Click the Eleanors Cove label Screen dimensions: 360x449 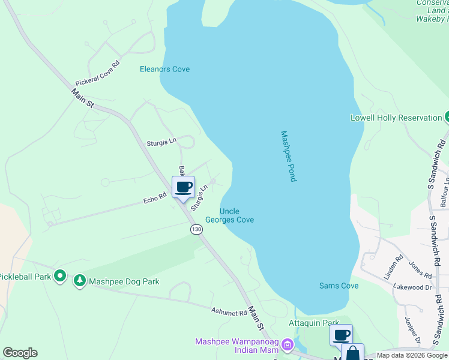click(164, 69)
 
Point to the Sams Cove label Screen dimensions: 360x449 click(339, 286)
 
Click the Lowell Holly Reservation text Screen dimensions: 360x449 click(396, 118)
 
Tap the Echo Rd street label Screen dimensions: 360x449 click(154, 198)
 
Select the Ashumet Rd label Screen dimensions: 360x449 click(229, 312)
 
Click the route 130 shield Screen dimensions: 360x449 click(196, 230)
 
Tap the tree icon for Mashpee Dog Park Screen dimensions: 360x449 click(79, 281)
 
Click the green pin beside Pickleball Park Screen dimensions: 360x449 click(59, 276)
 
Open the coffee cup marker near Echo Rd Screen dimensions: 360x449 click(184, 187)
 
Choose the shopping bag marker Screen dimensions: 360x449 click(352, 353)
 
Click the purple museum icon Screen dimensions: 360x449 click(287, 345)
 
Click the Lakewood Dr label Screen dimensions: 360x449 click(412, 287)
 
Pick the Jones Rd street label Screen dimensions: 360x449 click(420, 269)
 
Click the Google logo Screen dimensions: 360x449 click(20, 353)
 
